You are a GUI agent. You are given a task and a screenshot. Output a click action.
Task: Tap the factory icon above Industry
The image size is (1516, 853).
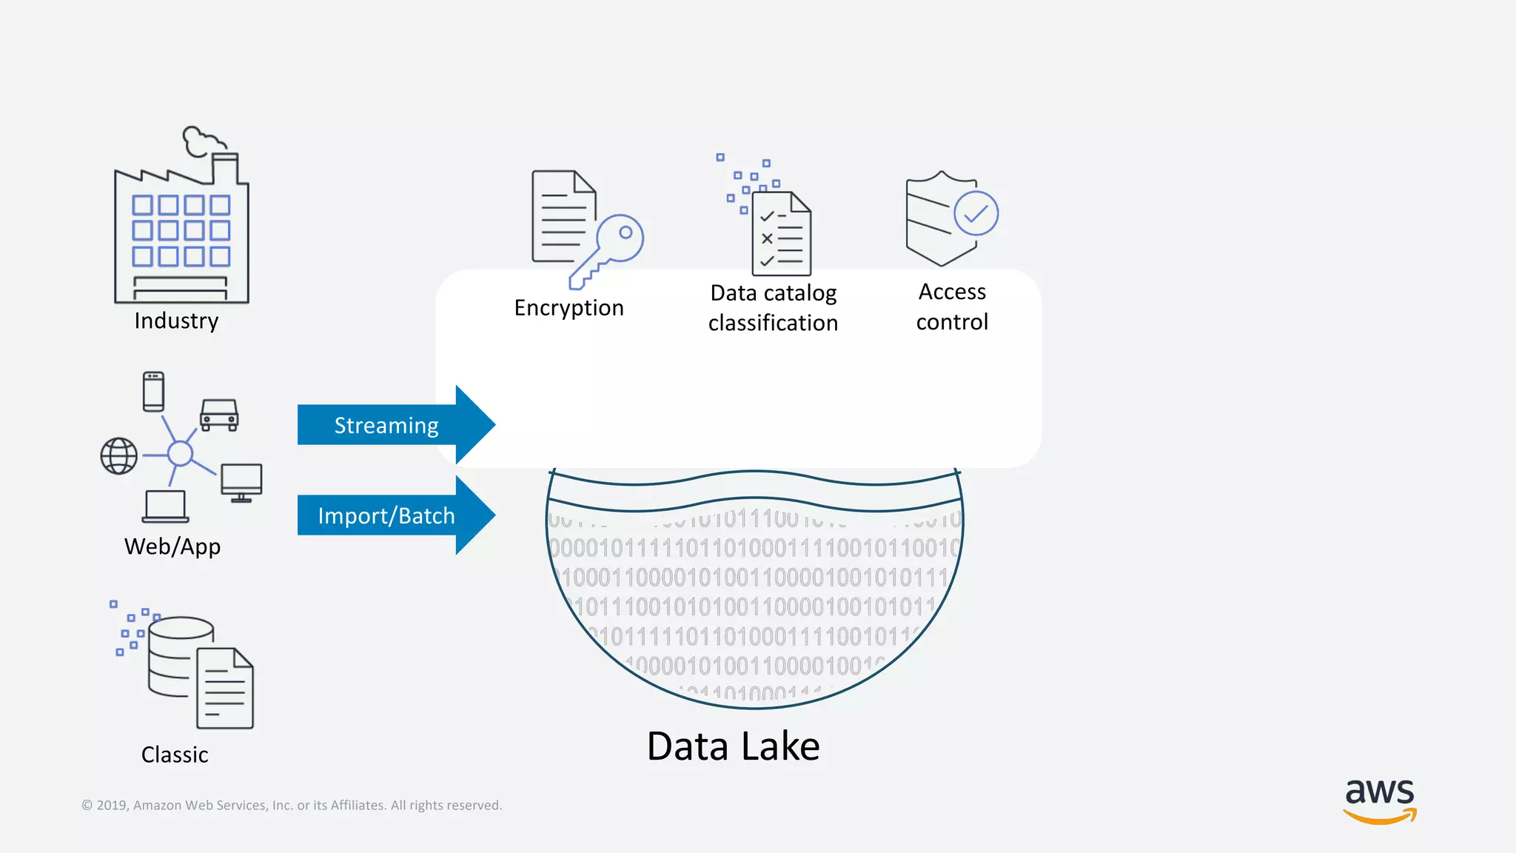click(x=181, y=222)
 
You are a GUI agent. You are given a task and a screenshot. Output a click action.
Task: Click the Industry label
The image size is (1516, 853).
click(x=176, y=321)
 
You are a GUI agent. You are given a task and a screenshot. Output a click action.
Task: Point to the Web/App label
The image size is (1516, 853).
click(x=172, y=546)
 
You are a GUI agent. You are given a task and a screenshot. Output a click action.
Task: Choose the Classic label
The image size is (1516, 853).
click(x=175, y=755)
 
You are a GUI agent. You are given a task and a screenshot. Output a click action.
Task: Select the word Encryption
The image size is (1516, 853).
click(x=568, y=307)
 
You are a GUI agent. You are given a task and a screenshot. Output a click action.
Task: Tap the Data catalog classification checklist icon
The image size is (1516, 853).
click(x=781, y=233)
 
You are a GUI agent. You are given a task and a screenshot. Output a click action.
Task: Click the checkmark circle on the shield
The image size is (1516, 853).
click(x=976, y=213)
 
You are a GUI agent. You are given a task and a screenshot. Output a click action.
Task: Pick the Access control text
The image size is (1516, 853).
click(x=952, y=307)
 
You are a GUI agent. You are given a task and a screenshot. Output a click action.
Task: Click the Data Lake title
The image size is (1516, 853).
click(x=733, y=746)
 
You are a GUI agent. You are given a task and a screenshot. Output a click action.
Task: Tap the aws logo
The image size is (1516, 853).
click(x=1380, y=800)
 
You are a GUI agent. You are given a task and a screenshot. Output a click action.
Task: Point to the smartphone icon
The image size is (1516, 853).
click(x=153, y=391)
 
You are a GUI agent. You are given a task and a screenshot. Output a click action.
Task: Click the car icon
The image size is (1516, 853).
click(x=219, y=415)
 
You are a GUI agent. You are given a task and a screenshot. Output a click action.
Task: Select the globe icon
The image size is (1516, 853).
click(x=119, y=455)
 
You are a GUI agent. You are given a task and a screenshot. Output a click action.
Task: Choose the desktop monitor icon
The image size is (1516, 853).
click(x=241, y=482)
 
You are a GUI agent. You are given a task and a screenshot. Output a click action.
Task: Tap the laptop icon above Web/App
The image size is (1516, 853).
click(x=165, y=506)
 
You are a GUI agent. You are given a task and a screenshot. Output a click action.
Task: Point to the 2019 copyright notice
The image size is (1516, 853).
click(x=292, y=805)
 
